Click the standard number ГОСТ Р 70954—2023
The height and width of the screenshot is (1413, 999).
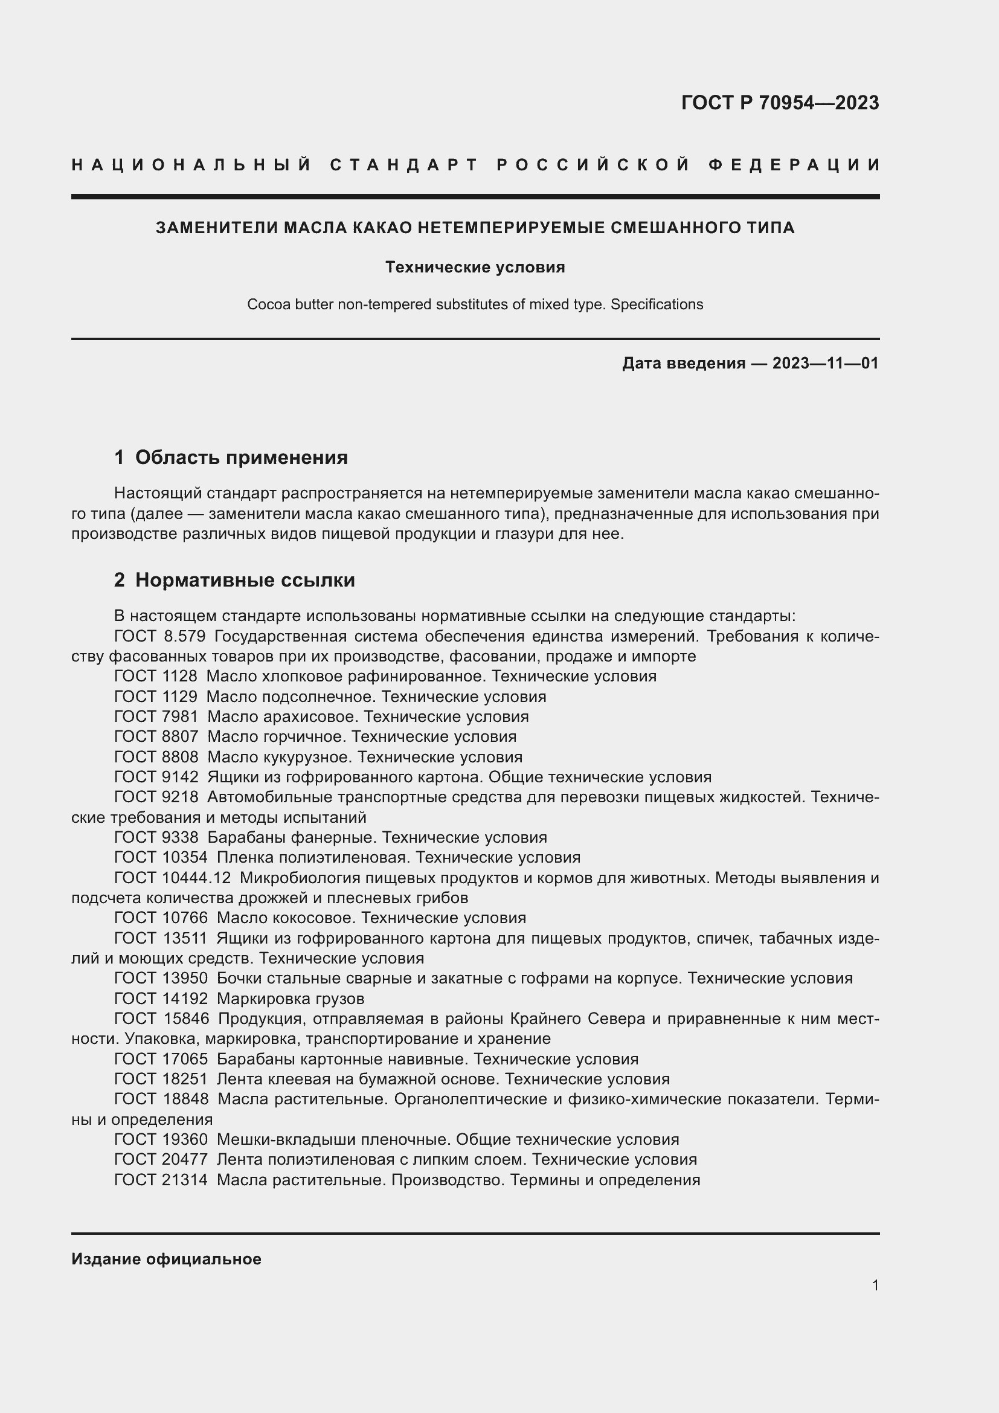pos(779,103)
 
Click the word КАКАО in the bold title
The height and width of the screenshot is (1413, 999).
pos(381,228)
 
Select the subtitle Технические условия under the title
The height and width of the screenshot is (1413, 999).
pos(475,268)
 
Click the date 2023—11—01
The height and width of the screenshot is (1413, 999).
pos(826,364)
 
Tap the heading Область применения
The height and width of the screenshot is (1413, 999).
pos(241,457)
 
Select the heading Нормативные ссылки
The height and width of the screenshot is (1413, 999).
pos(245,581)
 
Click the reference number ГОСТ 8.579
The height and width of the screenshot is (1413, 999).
pos(159,636)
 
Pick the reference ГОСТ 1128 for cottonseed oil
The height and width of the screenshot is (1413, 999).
pos(156,677)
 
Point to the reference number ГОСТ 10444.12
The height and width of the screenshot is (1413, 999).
pos(172,878)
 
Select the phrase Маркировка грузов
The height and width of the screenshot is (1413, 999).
pos(291,999)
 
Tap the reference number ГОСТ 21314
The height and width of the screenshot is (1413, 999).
pos(161,1180)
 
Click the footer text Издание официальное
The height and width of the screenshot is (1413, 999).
pos(166,1260)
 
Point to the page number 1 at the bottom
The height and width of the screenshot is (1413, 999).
pos(875,1286)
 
